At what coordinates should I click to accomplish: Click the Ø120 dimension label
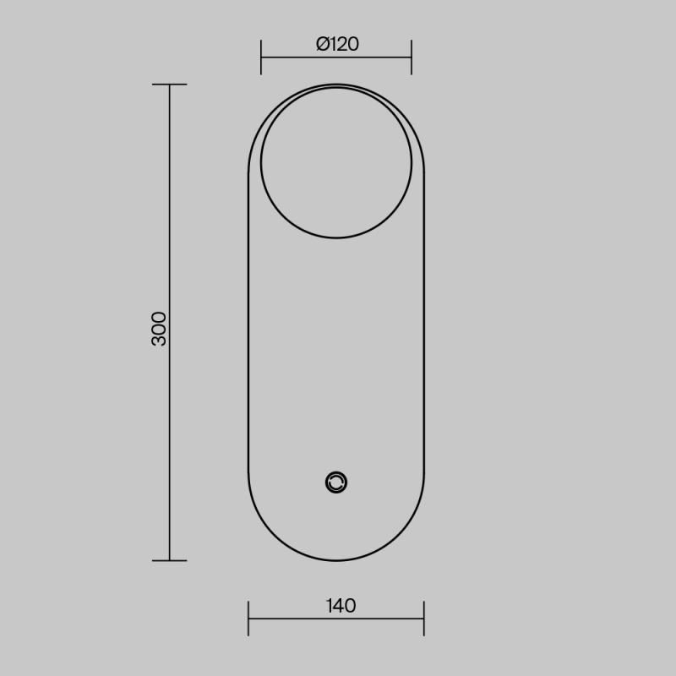point(337,44)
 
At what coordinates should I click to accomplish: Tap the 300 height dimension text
point(159,329)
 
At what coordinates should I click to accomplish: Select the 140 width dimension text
point(341,606)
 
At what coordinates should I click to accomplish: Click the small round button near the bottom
point(336,482)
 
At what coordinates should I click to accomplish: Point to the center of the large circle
point(336,162)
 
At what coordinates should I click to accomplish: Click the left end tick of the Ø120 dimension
point(261,57)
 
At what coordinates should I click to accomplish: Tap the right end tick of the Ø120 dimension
point(412,57)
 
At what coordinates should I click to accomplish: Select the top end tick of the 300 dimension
point(170,84)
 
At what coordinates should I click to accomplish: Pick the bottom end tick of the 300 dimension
point(170,560)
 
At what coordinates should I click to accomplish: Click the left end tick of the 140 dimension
point(248,619)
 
